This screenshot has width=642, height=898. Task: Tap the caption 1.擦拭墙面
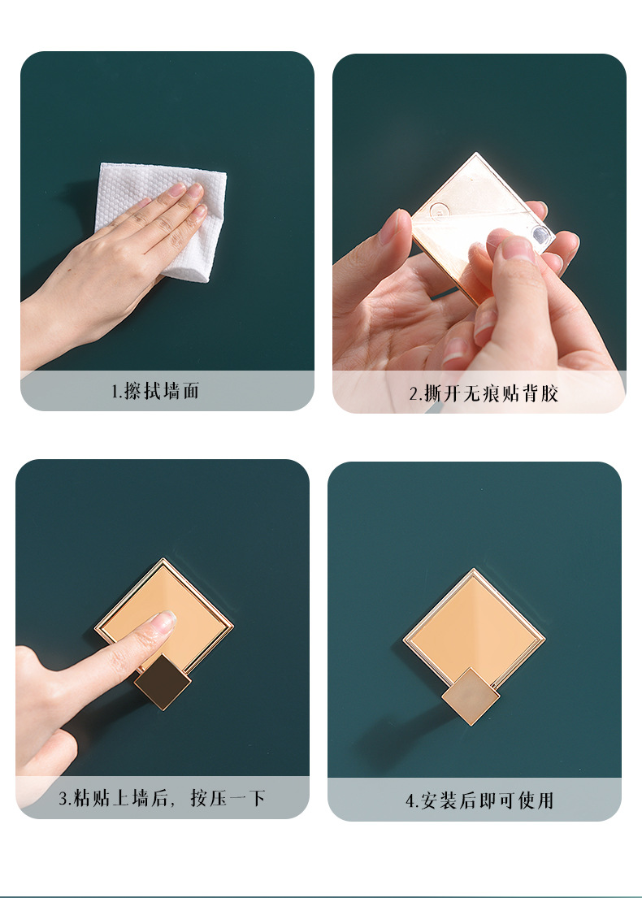coord(155,391)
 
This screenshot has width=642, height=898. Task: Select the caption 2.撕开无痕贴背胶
coord(484,393)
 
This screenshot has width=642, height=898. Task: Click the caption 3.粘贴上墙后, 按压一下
coord(162,798)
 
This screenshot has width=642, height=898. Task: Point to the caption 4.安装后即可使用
coord(479,800)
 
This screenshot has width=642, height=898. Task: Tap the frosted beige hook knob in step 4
coord(471,696)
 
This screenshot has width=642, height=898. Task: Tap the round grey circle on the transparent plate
coord(540,233)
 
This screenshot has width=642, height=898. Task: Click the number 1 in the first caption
coord(115,392)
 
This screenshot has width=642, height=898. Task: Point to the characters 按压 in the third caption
coord(209,798)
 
